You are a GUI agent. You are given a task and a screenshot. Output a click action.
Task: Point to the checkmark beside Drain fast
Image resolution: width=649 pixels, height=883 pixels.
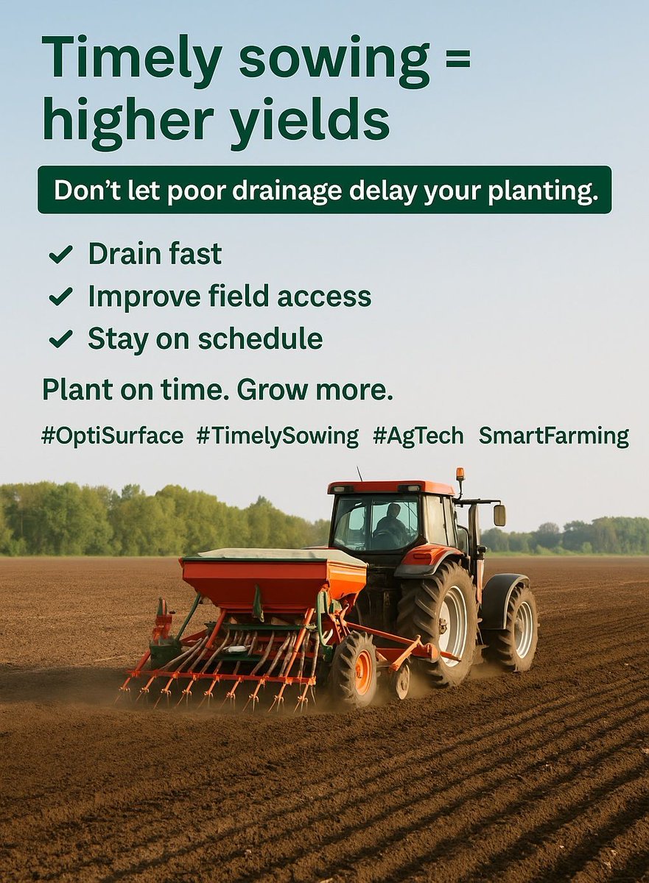tap(60, 255)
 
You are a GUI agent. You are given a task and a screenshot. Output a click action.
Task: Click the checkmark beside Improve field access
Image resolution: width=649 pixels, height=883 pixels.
tap(60, 297)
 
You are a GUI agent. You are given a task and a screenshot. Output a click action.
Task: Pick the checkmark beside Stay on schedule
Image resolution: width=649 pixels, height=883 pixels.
tap(60, 339)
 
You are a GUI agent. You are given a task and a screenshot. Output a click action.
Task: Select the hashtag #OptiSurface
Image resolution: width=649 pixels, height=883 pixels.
tap(112, 436)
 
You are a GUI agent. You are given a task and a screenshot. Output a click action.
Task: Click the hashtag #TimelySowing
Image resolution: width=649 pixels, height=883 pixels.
tap(277, 436)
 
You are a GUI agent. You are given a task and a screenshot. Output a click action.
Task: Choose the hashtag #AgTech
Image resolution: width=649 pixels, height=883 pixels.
tap(418, 436)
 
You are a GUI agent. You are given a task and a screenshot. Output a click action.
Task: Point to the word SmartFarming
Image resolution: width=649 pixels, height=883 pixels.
tap(554, 436)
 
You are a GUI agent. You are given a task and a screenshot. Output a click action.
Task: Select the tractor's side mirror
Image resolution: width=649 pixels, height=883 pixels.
tap(499, 515)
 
